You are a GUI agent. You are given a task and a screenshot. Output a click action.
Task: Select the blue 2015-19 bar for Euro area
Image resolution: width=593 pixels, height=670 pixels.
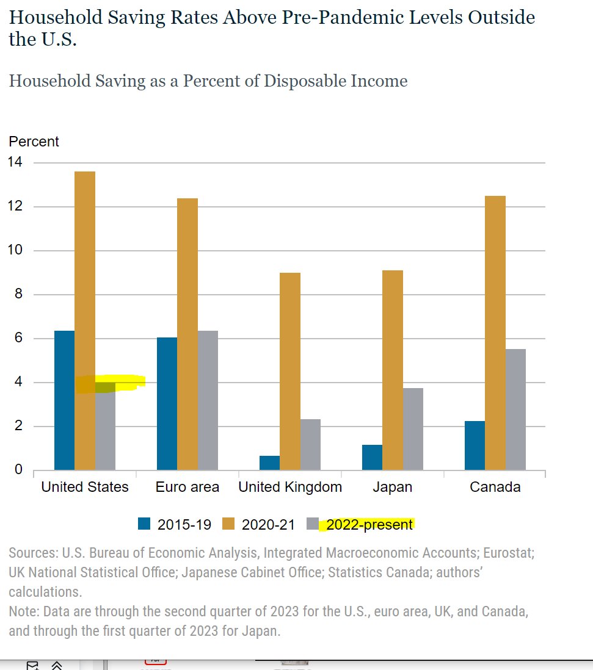point(167,403)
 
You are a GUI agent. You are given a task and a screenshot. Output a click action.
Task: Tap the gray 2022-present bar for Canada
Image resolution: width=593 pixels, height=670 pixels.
point(515,409)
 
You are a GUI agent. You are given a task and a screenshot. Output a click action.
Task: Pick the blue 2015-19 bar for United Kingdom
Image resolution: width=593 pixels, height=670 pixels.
point(269,463)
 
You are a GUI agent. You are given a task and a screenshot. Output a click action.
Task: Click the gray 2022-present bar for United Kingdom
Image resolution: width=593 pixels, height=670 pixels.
point(310,444)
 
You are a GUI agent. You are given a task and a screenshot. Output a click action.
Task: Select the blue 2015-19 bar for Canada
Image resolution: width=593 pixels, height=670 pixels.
point(475,445)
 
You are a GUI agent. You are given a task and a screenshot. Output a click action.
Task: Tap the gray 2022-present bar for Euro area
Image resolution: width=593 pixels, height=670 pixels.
point(208,400)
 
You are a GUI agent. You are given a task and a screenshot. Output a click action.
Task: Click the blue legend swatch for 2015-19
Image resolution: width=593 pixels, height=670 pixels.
point(144,524)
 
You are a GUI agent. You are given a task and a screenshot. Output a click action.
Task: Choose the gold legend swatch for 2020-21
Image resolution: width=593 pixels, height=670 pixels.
point(228,524)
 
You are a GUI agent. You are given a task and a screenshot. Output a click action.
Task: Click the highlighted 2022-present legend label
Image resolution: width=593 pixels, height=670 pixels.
point(369,525)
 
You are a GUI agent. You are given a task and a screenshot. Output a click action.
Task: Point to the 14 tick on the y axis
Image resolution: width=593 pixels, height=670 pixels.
point(15,162)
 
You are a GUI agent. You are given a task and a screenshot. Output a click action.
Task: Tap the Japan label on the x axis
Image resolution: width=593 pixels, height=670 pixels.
point(392,487)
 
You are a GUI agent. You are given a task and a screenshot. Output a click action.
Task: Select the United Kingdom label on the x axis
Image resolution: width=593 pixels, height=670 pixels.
point(290,487)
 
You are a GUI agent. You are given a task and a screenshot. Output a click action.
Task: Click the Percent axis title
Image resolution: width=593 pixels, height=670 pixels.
point(34,142)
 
